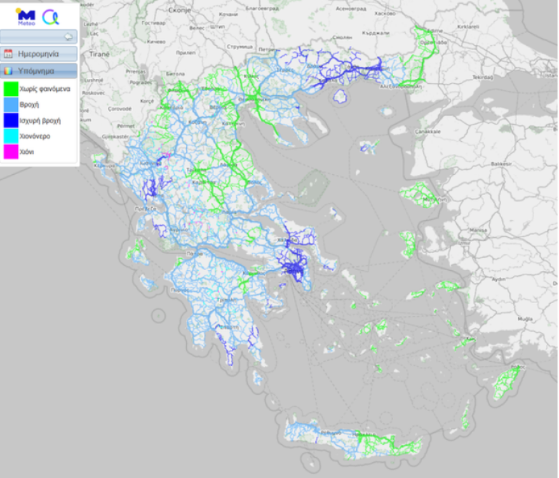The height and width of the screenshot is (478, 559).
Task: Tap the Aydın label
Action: (497, 279)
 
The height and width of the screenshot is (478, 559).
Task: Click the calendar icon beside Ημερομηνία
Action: (8, 54)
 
